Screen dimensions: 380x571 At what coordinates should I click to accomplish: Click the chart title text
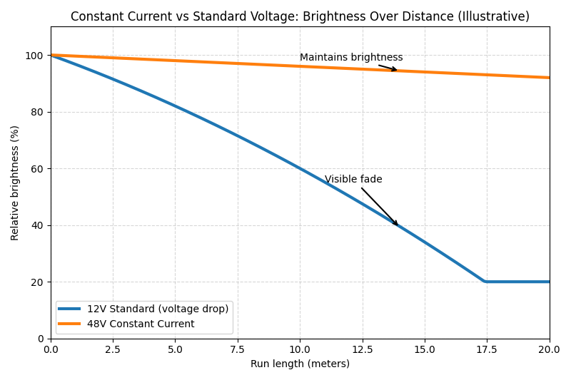(300, 16)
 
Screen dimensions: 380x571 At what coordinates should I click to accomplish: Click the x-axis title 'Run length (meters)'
(300, 364)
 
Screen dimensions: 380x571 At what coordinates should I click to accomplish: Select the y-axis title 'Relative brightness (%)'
(15, 183)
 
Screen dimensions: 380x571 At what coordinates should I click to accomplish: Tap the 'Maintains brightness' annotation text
(351, 58)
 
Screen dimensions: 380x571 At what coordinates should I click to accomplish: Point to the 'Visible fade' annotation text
(353, 180)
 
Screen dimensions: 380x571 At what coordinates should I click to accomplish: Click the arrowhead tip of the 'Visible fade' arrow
(398, 225)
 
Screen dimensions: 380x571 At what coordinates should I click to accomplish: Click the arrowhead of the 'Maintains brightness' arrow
(396, 70)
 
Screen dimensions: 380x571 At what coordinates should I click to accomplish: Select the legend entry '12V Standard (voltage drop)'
(158, 309)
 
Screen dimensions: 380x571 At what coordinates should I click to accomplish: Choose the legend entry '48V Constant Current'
(141, 324)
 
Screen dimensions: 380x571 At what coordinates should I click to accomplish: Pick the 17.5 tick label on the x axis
(487, 349)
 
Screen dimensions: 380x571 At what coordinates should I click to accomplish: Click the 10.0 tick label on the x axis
(300, 349)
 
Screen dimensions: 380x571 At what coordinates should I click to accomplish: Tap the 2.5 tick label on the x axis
(113, 349)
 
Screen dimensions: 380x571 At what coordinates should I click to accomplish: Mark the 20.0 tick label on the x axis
(549, 349)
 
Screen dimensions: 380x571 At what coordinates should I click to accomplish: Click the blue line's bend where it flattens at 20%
(485, 282)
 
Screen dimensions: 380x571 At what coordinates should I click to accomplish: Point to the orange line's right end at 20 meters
(549, 78)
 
